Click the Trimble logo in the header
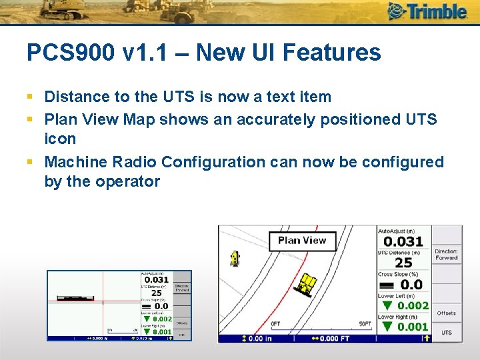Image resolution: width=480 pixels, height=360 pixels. tap(427, 11)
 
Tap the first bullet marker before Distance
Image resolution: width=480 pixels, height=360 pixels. tap(31, 97)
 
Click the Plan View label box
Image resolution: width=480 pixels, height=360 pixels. tap(302, 241)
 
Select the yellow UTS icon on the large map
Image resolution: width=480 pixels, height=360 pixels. tap(234, 258)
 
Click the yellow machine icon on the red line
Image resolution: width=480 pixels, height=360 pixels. tap(307, 285)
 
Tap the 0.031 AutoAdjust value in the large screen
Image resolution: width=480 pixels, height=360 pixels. tap(403, 242)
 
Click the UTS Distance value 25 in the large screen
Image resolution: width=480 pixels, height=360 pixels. tap(403, 263)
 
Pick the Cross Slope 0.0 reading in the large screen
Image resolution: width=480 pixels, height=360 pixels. tap(411, 285)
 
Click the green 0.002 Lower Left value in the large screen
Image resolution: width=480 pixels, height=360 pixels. tap(413, 305)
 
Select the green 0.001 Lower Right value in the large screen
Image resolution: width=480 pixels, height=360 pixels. tap(413, 327)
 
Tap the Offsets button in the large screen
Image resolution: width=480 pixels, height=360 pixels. tap(447, 313)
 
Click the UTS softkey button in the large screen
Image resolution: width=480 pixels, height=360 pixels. tap(447, 332)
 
